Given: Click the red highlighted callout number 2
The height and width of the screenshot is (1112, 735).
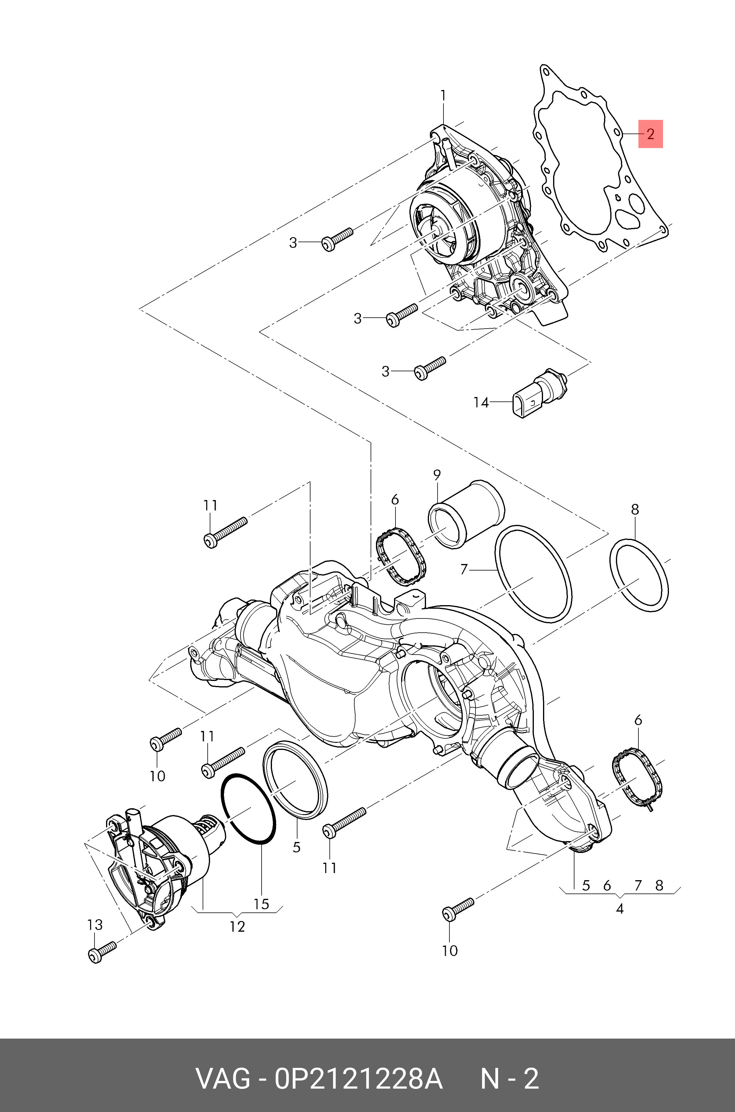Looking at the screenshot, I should click(x=650, y=134).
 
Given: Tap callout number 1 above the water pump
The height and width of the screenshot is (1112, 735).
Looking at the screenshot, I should click(x=443, y=96).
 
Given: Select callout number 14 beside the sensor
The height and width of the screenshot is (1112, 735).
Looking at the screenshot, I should click(x=481, y=402).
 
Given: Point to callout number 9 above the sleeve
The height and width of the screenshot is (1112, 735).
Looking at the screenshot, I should click(x=437, y=475).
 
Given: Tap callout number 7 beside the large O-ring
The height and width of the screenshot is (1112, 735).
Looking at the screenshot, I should click(x=464, y=570).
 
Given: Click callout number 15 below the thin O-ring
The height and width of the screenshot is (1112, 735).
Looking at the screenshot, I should click(x=262, y=904).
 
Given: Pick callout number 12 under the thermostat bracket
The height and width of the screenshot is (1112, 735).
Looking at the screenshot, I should click(x=237, y=926).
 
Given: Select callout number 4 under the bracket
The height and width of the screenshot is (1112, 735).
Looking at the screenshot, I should click(x=620, y=909).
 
